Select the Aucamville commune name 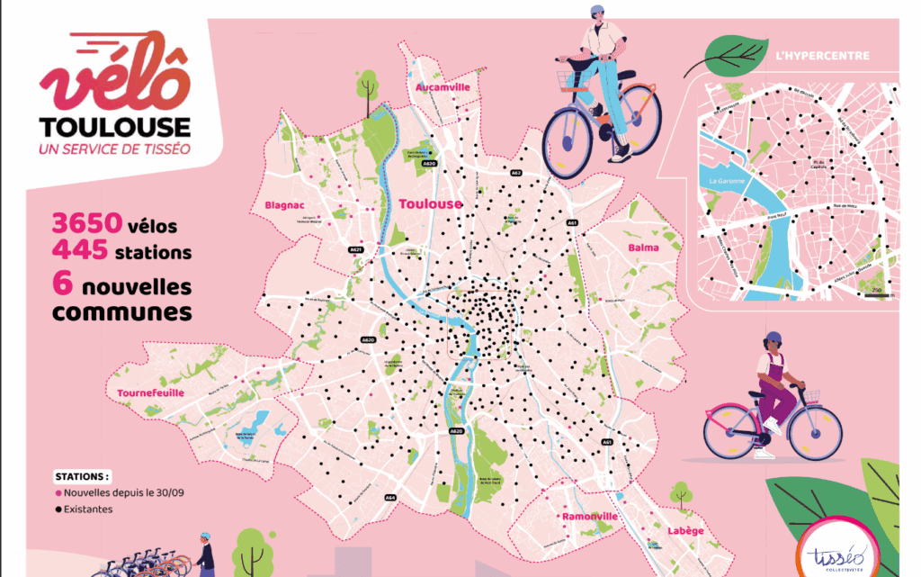pyautogui.click(x=443, y=87)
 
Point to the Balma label pyautogui.click(x=643, y=248)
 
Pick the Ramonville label pyautogui.click(x=589, y=518)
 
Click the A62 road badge pyautogui.click(x=516, y=173)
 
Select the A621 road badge pyautogui.click(x=356, y=249)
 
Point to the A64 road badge pyautogui.click(x=390, y=497)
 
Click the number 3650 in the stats pyautogui.click(x=82, y=223)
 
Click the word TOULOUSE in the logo pyautogui.click(x=114, y=127)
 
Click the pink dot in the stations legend pyautogui.click(x=59, y=493)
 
